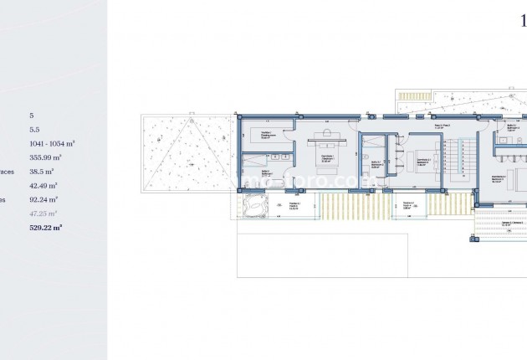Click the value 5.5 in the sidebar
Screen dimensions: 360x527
click(x=35, y=130)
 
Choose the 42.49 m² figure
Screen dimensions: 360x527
click(x=42, y=185)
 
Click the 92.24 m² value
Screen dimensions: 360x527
click(x=42, y=199)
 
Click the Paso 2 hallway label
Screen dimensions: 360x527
click(x=443, y=126)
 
